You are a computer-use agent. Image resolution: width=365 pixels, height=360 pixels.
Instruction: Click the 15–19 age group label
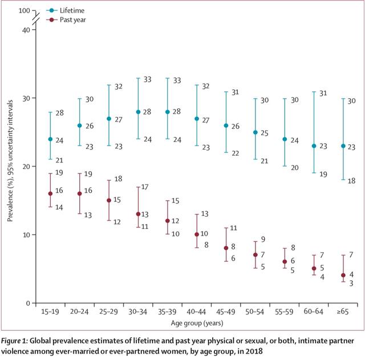pos(50,313)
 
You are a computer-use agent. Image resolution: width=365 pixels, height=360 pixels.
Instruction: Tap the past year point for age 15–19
pos(50,193)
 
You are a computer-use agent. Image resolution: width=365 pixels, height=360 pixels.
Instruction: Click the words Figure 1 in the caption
pos(18,341)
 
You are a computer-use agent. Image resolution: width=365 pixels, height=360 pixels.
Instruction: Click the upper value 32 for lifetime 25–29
pos(119,87)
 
